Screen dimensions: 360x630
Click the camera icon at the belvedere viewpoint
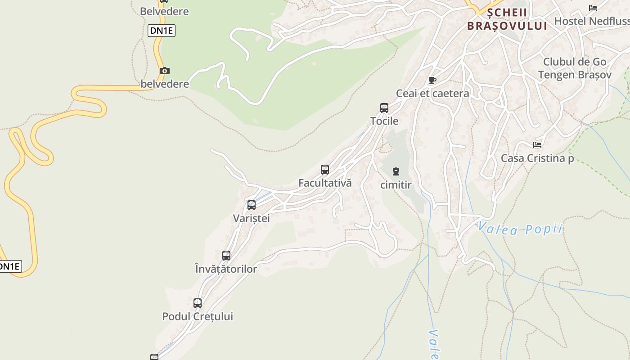pyautogui.click(x=165, y=71)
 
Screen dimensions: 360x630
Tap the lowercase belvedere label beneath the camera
pyautogui.click(x=165, y=84)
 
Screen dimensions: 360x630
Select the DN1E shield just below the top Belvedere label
pyautogui.click(x=161, y=31)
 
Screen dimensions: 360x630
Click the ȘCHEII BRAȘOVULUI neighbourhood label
pyautogui.click(x=507, y=19)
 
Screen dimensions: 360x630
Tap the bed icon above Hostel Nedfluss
pyautogui.click(x=593, y=8)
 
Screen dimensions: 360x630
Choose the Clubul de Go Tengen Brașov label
pyautogui.click(x=575, y=68)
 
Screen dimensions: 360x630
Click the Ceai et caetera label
pyautogui.click(x=432, y=94)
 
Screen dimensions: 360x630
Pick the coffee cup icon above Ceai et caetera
pyautogui.click(x=432, y=81)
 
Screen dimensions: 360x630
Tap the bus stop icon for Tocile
pyautogui.click(x=384, y=108)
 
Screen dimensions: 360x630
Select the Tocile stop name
pyautogui.click(x=384, y=121)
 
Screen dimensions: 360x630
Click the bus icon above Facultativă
pyautogui.click(x=325, y=170)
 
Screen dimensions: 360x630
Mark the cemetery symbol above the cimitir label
pyautogui.click(x=396, y=171)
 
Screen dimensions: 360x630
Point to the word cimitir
pyautogui.click(x=396, y=185)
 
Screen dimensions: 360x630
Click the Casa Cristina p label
pyautogui.click(x=537, y=158)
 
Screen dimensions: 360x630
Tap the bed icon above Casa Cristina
pyautogui.click(x=537, y=144)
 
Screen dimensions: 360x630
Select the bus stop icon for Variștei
pyautogui.click(x=252, y=205)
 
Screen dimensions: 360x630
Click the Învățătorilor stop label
pyautogui.click(x=226, y=269)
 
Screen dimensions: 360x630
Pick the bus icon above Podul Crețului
pyautogui.click(x=198, y=303)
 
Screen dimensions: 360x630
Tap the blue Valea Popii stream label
pyautogui.click(x=520, y=229)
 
